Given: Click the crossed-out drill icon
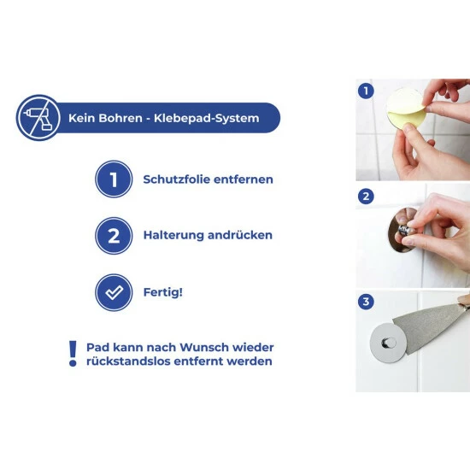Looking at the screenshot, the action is click(x=38, y=118).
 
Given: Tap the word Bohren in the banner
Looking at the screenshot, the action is click(x=120, y=118).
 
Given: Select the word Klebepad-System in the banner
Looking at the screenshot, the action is click(x=207, y=119).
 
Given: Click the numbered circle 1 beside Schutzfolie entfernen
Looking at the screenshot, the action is click(x=114, y=179).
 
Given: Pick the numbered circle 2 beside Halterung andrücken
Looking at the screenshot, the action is click(x=114, y=236).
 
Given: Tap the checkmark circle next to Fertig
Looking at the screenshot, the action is click(x=114, y=292).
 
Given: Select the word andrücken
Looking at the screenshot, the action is click(x=240, y=235).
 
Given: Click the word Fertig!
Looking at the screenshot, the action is click(x=162, y=292).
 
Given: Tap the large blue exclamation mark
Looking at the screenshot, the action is click(x=73, y=354).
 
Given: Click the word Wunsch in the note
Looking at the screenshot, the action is click(x=204, y=348).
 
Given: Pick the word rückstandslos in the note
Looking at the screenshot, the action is click(x=128, y=361).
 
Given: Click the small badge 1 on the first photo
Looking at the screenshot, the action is click(x=366, y=91).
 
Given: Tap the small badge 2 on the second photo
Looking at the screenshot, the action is click(x=366, y=197).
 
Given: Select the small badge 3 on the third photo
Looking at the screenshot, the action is click(x=366, y=302).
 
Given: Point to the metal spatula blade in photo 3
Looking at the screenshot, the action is click(x=429, y=329).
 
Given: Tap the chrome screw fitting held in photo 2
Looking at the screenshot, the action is click(x=405, y=231).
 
